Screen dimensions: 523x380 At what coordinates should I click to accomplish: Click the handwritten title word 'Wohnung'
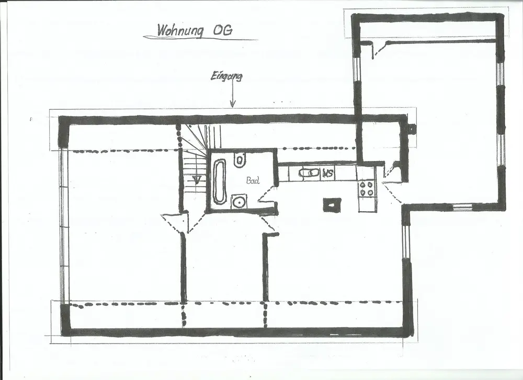(x=180, y=30)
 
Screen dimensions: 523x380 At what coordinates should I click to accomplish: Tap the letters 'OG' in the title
(x=222, y=30)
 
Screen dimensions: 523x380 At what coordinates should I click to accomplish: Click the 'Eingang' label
(x=226, y=76)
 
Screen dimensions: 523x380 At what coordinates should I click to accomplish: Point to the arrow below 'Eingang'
(x=233, y=95)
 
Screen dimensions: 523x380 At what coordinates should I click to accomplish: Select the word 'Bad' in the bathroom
(x=253, y=181)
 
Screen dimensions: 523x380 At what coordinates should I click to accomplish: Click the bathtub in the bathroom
(x=219, y=182)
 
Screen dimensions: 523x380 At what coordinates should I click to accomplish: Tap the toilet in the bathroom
(x=240, y=159)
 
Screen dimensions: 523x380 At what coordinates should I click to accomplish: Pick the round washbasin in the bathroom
(x=238, y=202)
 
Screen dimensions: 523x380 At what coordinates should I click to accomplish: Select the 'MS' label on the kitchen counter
(x=328, y=174)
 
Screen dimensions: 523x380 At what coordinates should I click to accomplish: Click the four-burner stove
(x=366, y=188)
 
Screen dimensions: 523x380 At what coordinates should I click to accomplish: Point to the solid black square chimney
(x=332, y=204)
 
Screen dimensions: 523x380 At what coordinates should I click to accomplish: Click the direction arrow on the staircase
(x=197, y=180)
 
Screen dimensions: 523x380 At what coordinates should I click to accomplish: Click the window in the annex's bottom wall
(x=462, y=206)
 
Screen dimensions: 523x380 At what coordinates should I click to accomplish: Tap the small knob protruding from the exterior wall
(x=412, y=128)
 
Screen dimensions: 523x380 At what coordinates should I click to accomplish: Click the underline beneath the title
(x=200, y=38)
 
